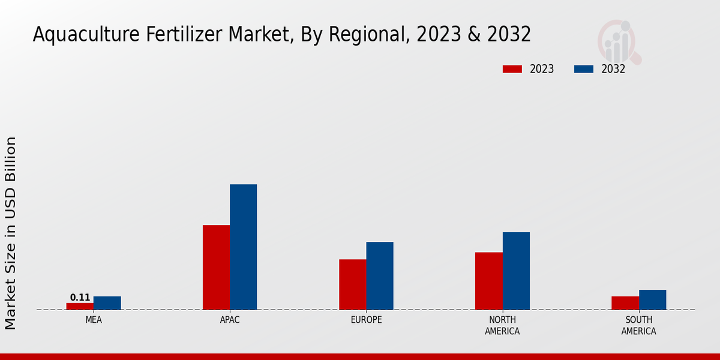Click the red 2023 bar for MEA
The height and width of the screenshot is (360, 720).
(x=80, y=306)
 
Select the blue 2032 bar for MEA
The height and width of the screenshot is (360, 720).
(x=107, y=303)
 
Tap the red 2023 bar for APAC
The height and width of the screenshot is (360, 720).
(x=216, y=267)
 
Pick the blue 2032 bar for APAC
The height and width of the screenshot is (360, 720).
(x=243, y=247)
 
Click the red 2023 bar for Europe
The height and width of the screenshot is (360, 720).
(x=352, y=284)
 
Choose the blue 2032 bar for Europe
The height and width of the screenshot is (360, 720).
(x=380, y=275)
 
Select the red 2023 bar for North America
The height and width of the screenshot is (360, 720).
(x=488, y=281)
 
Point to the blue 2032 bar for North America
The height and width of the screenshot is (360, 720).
(x=516, y=271)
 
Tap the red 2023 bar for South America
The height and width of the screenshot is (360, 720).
(x=625, y=303)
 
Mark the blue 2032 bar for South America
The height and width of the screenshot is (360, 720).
(x=652, y=299)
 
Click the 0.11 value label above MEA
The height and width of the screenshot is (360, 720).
(x=80, y=298)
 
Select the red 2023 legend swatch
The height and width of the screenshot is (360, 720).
(x=512, y=69)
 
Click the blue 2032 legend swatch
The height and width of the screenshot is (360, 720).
(x=583, y=69)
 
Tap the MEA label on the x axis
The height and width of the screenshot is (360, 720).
(x=94, y=320)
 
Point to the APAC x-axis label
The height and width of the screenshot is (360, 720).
(x=230, y=320)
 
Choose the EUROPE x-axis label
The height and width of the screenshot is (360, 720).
(x=366, y=320)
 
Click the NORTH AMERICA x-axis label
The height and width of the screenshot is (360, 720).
(x=502, y=325)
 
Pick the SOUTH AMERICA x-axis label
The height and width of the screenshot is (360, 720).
(x=638, y=325)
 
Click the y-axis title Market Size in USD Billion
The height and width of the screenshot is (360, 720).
(x=11, y=233)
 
